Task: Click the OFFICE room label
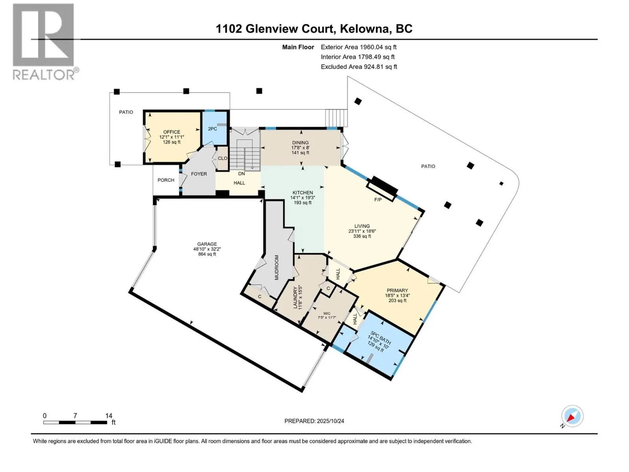172,132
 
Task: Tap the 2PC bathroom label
212,129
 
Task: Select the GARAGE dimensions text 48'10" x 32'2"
207,249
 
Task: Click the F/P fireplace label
377,200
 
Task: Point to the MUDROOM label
276,267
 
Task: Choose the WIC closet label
327,313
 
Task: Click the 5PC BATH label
380,339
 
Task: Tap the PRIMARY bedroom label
397,290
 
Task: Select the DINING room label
300,143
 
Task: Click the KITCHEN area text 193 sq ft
303,203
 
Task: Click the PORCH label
166,180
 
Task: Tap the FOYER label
199,174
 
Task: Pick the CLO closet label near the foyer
223,159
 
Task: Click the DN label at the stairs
241,173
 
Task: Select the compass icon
572,416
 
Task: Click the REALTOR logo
44,41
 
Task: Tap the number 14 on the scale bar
109,416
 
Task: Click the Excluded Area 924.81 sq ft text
359,67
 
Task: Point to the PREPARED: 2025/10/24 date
314,421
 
